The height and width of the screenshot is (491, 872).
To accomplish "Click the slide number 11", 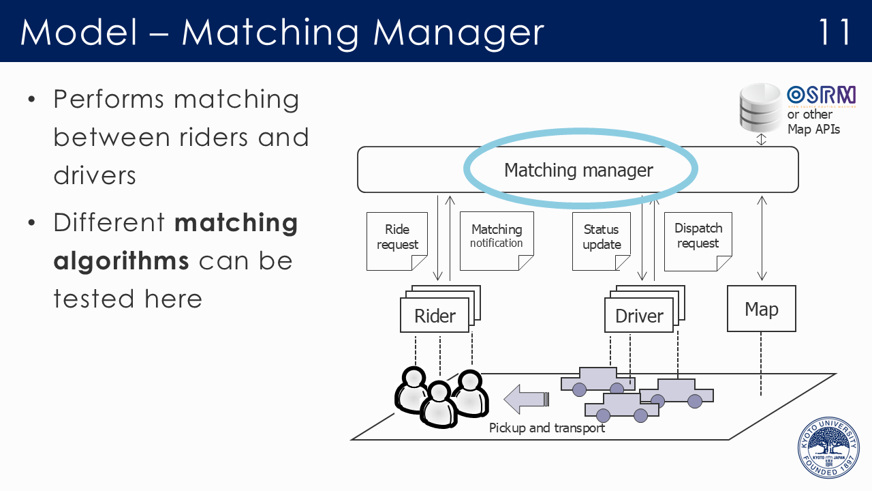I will tap(835, 32).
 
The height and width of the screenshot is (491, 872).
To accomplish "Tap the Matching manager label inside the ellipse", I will tap(578, 170).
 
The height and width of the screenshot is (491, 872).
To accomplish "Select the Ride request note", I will tap(396, 239).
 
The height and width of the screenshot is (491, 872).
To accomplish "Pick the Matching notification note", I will tap(497, 239).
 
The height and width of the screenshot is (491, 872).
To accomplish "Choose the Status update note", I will tap(602, 239).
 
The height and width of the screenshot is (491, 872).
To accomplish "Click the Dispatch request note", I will tap(698, 239).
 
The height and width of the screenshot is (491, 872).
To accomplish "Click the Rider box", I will tap(435, 316).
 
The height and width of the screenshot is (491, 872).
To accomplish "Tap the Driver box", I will tap(639, 316).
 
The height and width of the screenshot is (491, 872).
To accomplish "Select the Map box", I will tap(761, 309).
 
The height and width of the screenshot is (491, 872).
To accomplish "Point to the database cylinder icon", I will tap(760, 107).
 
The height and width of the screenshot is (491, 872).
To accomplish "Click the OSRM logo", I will tap(820, 95).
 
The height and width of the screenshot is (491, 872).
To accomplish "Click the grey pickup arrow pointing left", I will tap(525, 398).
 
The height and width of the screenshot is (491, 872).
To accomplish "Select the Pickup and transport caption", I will tap(547, 428).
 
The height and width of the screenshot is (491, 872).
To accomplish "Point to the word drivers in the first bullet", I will tap(95, 175).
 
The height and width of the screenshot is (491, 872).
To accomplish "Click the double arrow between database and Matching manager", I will tap(762, 139).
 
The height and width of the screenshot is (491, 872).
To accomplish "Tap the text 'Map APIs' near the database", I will tap(813, 129).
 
